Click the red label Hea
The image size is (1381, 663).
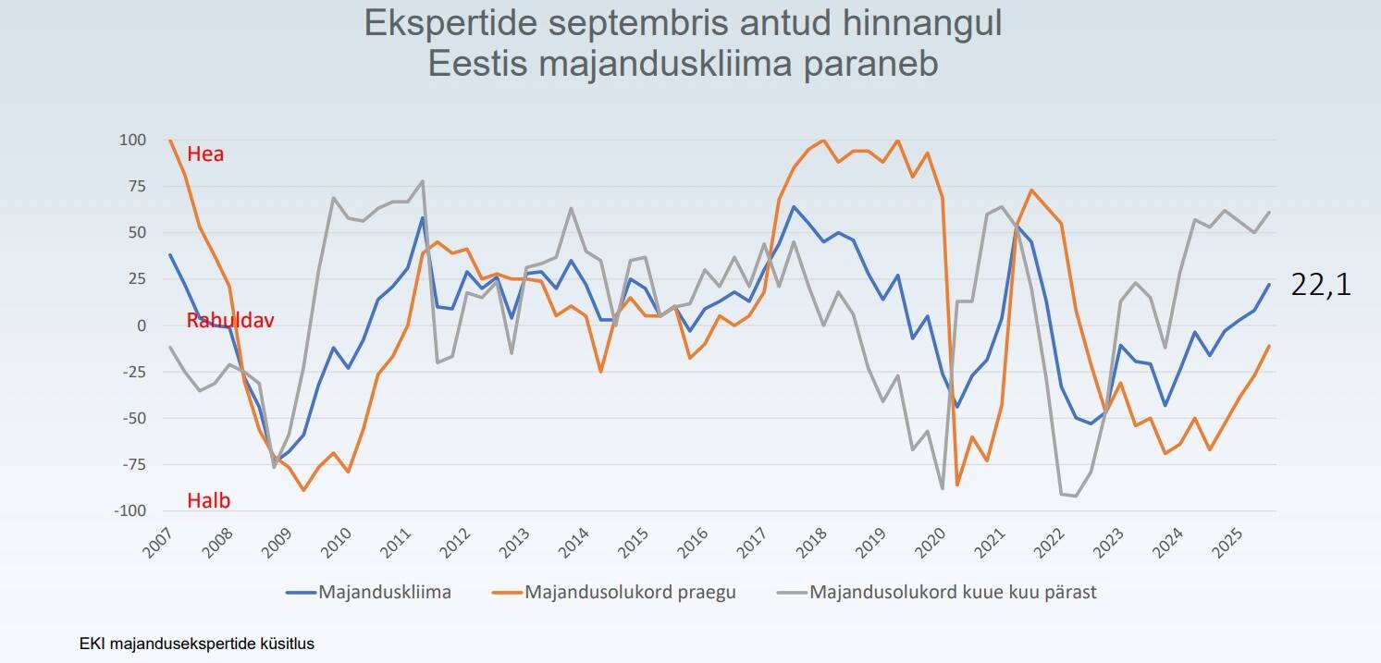click(x=205, y=154)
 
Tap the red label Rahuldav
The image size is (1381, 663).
click(x=230, y=321)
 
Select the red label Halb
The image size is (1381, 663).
click(x=208, y=501)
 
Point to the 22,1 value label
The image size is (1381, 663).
click(x=1321, y=286)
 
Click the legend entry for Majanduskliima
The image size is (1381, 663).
click(x=385, y=592)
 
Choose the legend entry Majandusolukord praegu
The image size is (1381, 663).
click(x=630, y=592)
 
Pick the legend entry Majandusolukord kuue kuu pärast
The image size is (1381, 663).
click(x=953, y=592)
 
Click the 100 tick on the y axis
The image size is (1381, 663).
click(x=132, y=141)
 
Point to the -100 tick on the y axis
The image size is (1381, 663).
click(x=129, y=511)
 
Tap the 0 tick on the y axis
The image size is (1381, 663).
click(x=142, y=325)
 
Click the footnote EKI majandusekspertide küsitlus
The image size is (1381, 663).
click(x=197, y=644)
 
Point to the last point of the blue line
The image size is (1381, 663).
click(x=1269, y=285)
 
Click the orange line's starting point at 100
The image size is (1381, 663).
click(x=170, y=141)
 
